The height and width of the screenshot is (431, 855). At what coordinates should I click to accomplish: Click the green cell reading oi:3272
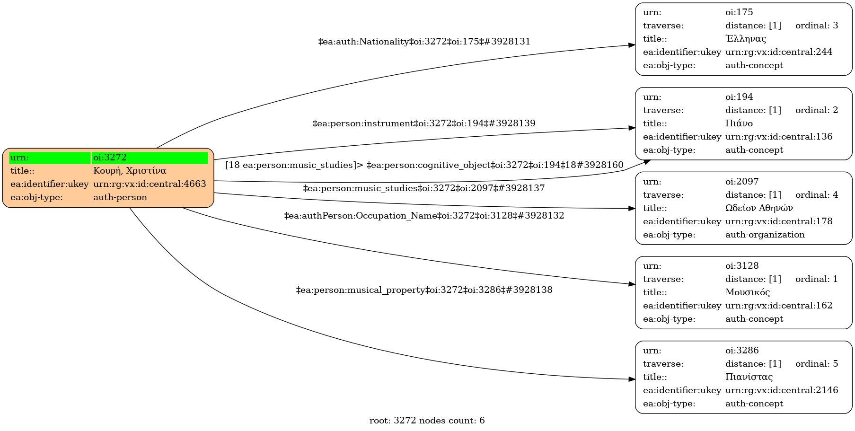point(150,158)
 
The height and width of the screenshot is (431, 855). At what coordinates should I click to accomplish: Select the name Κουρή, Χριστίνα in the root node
point(130,171)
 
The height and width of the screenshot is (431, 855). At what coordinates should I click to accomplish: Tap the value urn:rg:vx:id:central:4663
point(150,184)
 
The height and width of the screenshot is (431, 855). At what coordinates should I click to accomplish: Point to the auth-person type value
point(120,197)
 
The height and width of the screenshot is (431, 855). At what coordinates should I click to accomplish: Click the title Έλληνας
point(746,39)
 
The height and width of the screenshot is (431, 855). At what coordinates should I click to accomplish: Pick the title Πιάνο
point(739,123)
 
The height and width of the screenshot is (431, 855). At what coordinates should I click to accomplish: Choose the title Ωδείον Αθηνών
point(759,208)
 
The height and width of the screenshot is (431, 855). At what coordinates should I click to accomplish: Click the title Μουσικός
point(748,292)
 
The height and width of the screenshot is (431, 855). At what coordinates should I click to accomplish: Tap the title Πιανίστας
point(749,377)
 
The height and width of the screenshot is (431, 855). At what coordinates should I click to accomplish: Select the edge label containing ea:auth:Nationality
point(424,42)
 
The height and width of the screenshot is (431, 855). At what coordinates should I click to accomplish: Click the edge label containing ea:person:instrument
point(424,123)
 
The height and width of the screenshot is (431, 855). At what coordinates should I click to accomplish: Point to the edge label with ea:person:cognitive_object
point(424,165)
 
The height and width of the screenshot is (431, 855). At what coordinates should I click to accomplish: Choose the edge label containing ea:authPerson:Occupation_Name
point(424,216)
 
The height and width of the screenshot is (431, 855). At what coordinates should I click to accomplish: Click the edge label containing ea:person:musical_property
point(424,290)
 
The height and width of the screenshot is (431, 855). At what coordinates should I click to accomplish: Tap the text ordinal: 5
point(817,364)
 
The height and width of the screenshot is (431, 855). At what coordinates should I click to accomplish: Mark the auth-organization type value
point(764,235)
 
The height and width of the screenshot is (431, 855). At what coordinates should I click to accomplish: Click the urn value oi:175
point(739,12)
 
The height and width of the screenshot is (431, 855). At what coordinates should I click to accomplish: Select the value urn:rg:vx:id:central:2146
point(782,390)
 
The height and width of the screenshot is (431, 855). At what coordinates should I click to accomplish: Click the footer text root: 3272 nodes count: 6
point(427,421)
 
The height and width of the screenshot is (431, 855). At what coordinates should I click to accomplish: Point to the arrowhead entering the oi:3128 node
point(632,284)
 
